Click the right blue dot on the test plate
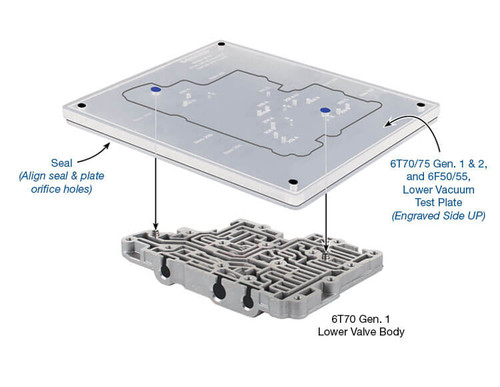[x=326, y=112]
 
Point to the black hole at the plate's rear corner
[x=218, y=45]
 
